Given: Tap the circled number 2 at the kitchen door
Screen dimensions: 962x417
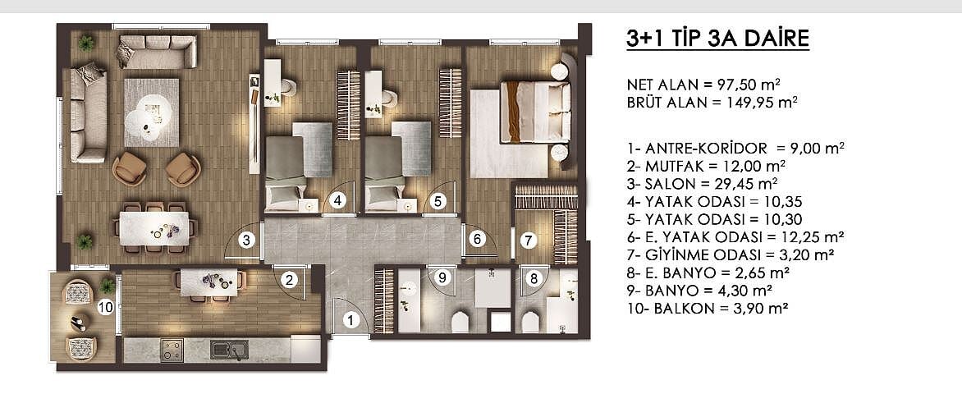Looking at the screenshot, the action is coord(291,280).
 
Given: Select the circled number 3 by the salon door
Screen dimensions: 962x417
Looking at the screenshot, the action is coord(246,241).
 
